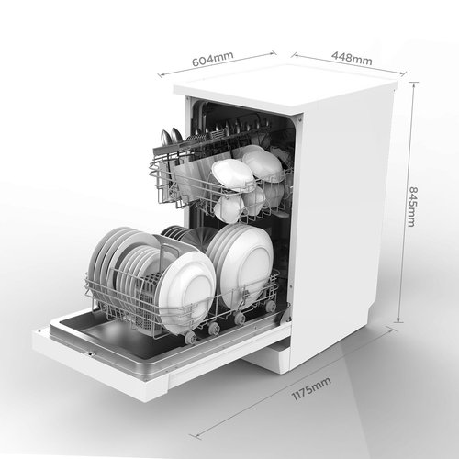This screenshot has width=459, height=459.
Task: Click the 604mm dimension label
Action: [213, 59]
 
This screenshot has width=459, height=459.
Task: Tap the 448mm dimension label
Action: [352, 59]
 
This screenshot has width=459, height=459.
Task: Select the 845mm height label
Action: [413, 207]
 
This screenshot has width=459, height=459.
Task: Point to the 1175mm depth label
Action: [311, 388]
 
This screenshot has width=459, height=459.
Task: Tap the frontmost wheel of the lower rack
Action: [190, 339]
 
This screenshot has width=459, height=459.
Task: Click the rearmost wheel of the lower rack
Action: [270, 307]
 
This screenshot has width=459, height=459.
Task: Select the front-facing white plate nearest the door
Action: [186, 294]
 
